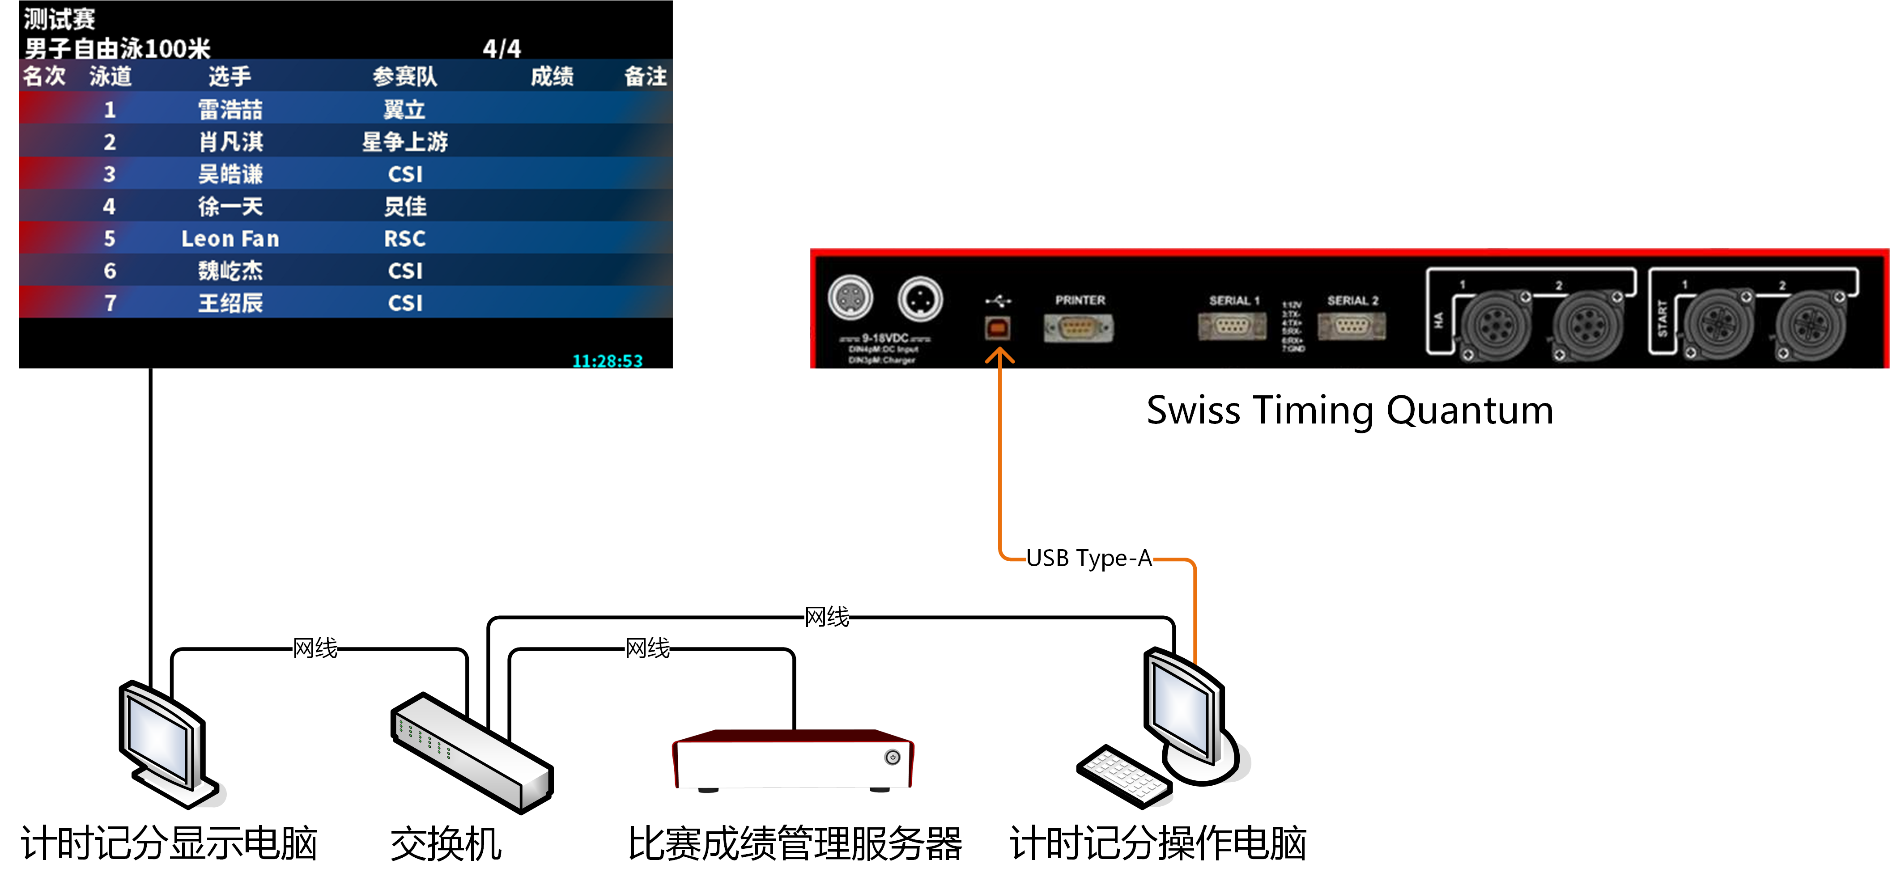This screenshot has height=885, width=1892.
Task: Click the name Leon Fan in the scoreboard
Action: pyautogui.click(x=230, y=239)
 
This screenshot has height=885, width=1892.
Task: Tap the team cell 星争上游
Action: pyautogui.click(x=405, y=142)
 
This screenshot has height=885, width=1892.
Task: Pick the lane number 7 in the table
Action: pyautogui.click(x=110, y=303)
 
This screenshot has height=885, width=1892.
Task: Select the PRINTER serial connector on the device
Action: pyautogui.click(x=1078, y=327)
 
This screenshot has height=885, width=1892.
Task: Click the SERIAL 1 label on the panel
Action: pyautogui.click(x=1234, y=301)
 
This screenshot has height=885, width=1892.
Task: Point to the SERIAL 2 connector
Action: pyautogui.click(x=1352, y=326)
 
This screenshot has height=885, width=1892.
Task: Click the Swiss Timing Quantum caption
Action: pyautogui.click(x=1350, y=410)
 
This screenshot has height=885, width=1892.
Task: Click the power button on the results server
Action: pyautogui.click(x=893, y=757)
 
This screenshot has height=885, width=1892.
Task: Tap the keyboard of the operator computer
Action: pyautogui.click(x=1124, y=775)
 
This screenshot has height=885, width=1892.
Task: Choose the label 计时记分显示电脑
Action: pyautogui.click(x=169, y=843)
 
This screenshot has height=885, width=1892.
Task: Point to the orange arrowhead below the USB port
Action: pyautogui.click(x=999, y=356)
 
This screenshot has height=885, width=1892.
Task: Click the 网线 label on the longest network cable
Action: pyautogui.click(x=827, y=617)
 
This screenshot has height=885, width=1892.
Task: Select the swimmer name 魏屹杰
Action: pyautogui.click(x=230, y=271)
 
